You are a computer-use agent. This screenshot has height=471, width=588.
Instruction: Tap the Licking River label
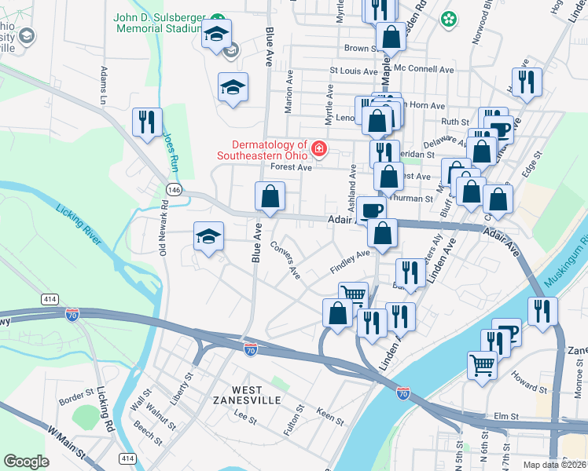pyautogui.click(x=78, y=222)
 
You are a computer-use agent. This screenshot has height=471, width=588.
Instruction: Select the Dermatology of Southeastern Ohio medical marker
pyautogui.click(x=319, y=148)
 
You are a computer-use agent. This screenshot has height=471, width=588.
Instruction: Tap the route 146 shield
pyautogui.click(x=174, y=189)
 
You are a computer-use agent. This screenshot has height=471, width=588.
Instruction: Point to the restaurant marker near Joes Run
pyautogui.click(x=148, y=122)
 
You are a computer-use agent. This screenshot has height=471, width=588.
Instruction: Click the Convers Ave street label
pyautogui.click(x=285, y=259)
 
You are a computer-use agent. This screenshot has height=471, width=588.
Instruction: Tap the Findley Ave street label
pyautogui.click(x=349, y=261)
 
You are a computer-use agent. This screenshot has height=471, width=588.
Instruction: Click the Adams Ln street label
pyautogui.click(x=103, y=86)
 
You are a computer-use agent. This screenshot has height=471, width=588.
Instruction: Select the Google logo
pyautogui.click(x=26, y=461)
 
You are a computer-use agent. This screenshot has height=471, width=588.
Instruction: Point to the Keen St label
pyautogui.click(x=329, y=415)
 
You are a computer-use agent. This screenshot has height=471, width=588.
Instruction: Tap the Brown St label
pyautogui.click(x=362, y=49)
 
